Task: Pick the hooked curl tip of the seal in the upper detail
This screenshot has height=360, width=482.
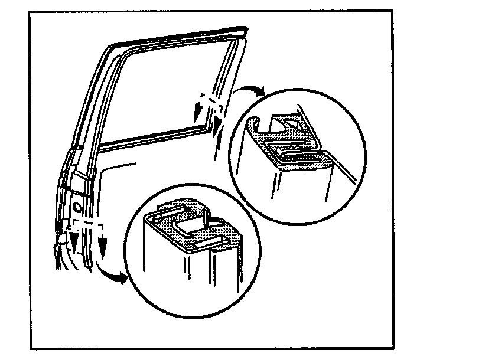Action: pos(253,122)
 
